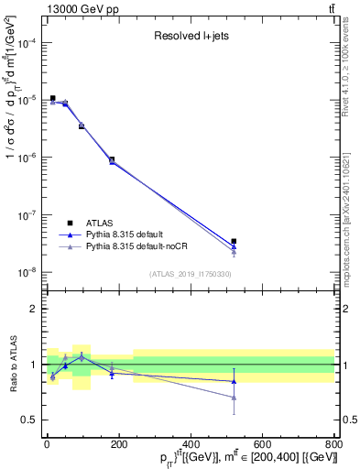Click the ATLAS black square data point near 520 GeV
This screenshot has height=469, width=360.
[235, 242]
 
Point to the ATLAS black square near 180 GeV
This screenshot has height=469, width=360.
[112, 159]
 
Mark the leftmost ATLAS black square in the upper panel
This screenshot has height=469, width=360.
[52, 98]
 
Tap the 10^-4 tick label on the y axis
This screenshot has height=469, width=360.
[28, 43]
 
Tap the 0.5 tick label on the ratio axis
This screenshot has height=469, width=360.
[29, 420]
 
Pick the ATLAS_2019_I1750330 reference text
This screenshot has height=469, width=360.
[190, 274]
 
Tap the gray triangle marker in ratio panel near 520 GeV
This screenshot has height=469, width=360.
[235, 398]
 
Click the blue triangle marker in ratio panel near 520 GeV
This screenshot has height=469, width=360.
[235, 381]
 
